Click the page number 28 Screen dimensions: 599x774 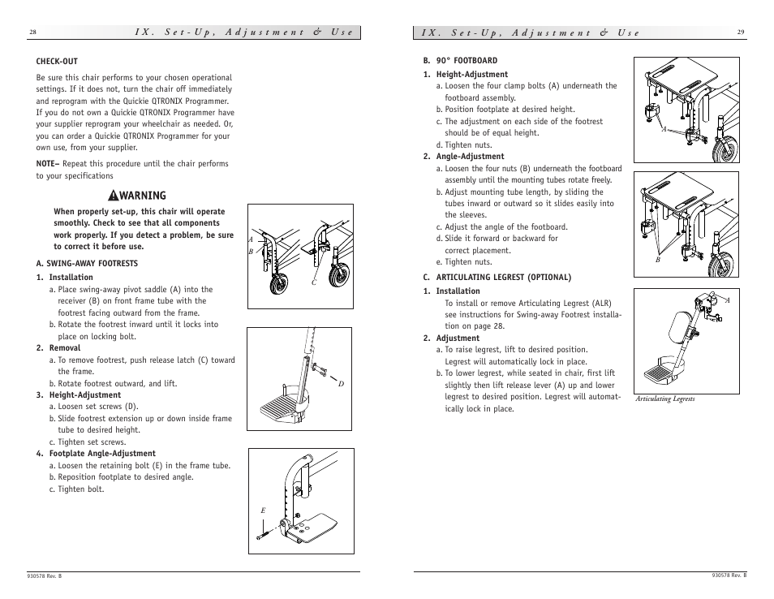point(32,32)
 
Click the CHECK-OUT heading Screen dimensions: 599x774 point(57,61)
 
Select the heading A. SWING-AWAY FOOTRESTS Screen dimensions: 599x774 point(87,263)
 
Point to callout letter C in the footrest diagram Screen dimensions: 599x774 point(313,282)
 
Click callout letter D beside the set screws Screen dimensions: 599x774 point(341,383)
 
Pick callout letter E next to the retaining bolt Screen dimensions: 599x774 point(262,510)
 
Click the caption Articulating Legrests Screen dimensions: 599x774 point(664,399)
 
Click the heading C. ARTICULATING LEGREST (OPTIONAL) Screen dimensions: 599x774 point(497,277)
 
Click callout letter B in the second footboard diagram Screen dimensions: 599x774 point(659,260)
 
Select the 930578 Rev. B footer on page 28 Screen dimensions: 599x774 point(44,575)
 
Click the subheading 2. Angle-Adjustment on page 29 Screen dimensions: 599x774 point(463,157)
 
